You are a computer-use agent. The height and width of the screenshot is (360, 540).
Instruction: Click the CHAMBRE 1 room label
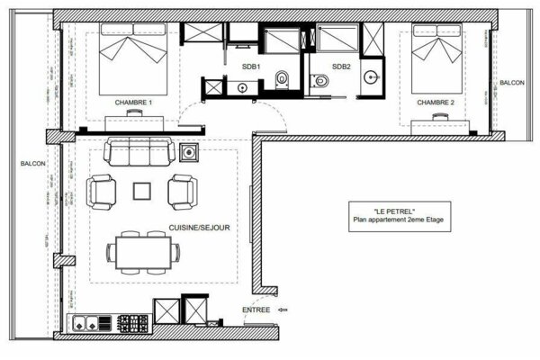pyautogui.click(x=133, y=103)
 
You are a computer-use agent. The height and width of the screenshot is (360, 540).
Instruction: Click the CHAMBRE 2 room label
pyautogui.click(x=436, y=103)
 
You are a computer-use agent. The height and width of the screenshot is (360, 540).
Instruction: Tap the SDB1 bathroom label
pyautogui.click(x=251, y=67)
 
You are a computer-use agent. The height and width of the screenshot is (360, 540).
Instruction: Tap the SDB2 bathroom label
pyautogui.click(x=341, y=67)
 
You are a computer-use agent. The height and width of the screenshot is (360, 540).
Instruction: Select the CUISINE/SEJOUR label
pyautogui.click(x=197, y=229)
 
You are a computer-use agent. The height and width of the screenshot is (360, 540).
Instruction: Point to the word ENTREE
pyautogui.click(x=256, y=310)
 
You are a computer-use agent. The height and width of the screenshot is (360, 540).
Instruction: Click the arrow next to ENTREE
pyautogui.click(x=285, y=310)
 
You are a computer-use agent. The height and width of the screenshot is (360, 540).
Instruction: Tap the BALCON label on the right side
pyautogui.click(x=512, y=82)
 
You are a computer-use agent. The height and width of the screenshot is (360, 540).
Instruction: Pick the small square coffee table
pyautogui.click(x=142, y=191)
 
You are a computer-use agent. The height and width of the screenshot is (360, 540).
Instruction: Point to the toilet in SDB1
pyautogui.click(x=281, y=79)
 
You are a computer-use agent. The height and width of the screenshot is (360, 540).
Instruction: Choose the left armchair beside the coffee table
pyautogui.click(x=102, y=190)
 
